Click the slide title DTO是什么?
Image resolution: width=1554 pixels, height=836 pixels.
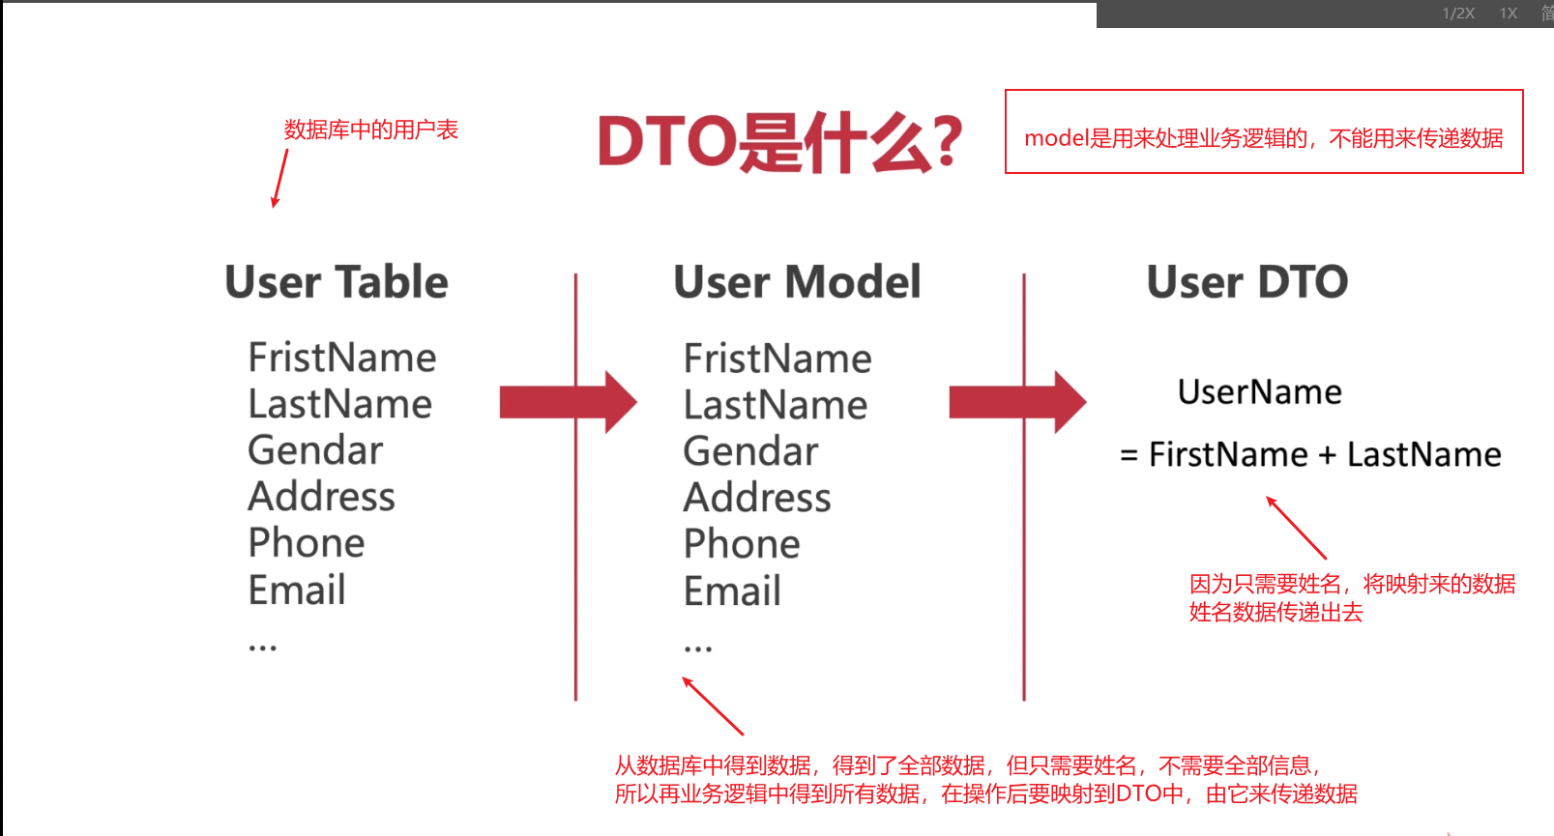[779, 142]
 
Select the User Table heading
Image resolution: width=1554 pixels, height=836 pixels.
[337, 281]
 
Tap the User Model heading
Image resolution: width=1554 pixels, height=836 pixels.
[797, 281]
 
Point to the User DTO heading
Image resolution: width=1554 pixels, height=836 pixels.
[1247, 281]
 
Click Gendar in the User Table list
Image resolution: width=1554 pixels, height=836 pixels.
[315, 449]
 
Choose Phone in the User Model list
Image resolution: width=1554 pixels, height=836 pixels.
[742, 543]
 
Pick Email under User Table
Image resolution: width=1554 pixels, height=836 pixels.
[297, 590]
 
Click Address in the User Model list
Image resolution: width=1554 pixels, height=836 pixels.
[757, 497]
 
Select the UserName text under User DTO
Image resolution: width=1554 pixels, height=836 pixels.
[1260, 391]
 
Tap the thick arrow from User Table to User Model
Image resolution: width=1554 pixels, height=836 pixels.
[569, 402]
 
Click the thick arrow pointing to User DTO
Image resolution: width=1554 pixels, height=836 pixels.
[1017, 402]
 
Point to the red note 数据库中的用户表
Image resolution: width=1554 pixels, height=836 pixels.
[371, 130]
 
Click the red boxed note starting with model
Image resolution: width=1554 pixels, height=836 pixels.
[1264, 131]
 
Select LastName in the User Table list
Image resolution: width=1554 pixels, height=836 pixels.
[340, 403]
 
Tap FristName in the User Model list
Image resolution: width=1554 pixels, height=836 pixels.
[777, 358]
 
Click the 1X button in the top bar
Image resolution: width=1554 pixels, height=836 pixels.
[1509, 14]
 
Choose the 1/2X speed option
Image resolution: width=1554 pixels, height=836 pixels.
[1458, 14]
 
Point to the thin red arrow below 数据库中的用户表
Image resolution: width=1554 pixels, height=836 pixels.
[279, 178]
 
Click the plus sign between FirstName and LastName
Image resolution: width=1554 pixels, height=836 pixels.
[1327, 455]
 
